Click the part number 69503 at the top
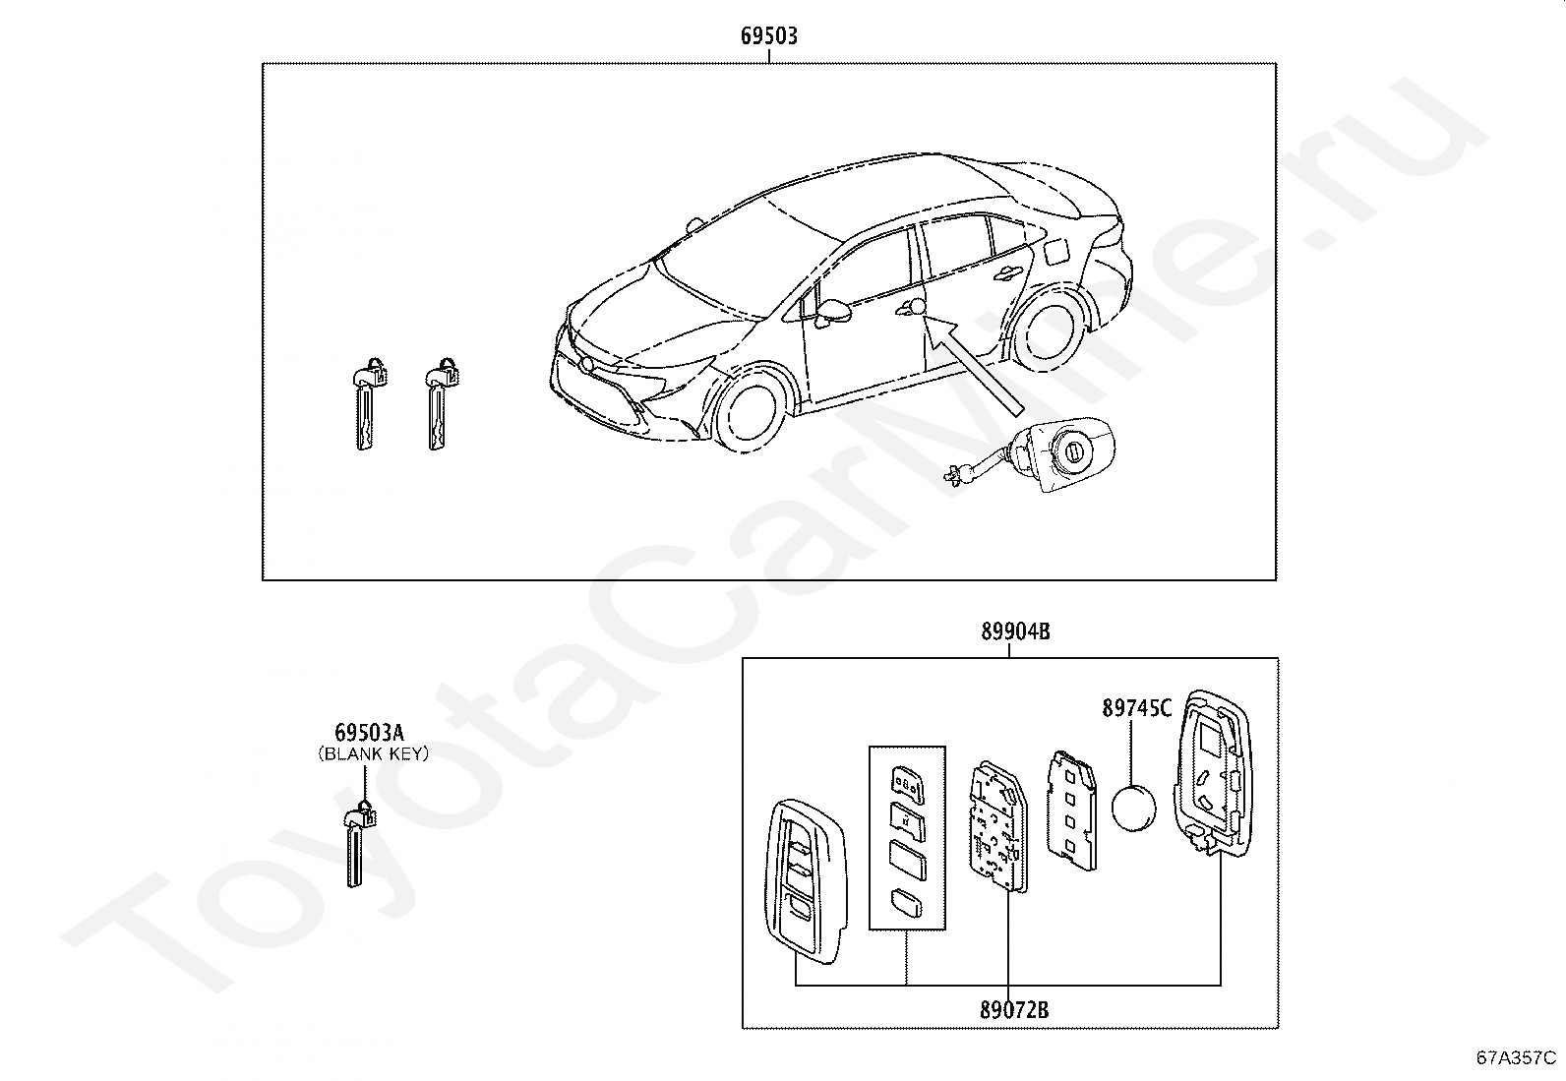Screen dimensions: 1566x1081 point(769,35)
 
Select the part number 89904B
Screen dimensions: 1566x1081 point(1015,631)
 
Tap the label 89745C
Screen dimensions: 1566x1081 point(1137,708)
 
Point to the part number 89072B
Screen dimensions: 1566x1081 point(1014,1009)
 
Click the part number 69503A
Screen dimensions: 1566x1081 point(369,732)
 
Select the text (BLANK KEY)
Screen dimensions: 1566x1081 point(374,753)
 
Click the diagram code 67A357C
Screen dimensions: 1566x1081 point(1517,1057)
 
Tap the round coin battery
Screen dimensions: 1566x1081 point(1133,809)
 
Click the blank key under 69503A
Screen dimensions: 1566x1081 point(359,844)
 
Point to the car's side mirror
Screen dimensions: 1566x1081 point(834,313)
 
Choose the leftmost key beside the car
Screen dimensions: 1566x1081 point(369,402)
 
